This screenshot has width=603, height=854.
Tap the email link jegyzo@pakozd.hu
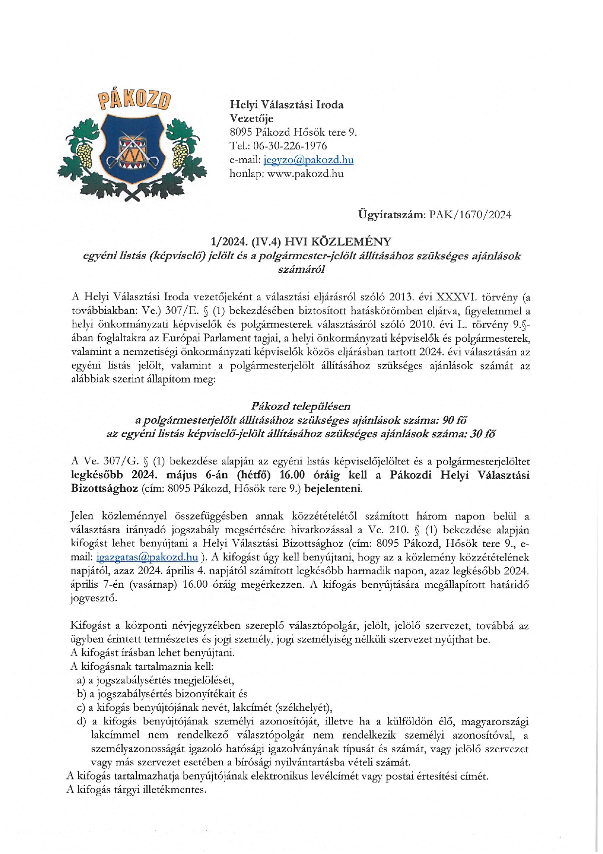[308, 160]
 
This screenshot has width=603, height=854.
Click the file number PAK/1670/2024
[470, 214]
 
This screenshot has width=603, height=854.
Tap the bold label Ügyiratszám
[391, 214]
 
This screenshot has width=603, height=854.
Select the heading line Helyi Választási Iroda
[286, 104]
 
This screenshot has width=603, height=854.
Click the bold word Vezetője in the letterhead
[251, 118]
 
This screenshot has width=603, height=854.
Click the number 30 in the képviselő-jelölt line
[477, 434]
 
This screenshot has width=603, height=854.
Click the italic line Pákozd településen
[301, 406]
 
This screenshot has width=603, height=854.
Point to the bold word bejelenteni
[333, 488]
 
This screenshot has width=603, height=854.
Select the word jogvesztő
[94, 598]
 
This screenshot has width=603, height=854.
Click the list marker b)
[81, 693]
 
